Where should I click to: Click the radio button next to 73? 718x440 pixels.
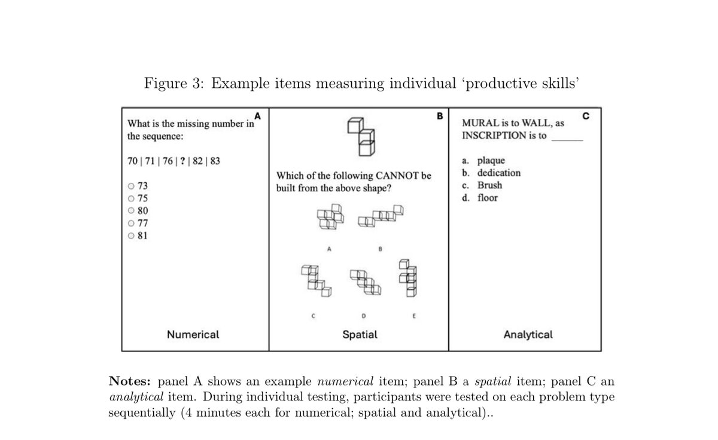point(131,186)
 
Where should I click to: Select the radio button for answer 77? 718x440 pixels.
point(131,223)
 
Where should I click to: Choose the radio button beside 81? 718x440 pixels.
point(131,236)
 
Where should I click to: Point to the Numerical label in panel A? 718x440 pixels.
point(193,334)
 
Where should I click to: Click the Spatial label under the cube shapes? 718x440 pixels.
point(360,334)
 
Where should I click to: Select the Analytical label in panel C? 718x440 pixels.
point(528,334)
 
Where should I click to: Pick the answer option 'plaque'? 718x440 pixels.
point(491,160)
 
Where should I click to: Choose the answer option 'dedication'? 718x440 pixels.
point(498,173)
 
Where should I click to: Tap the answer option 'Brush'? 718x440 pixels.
point(489,185)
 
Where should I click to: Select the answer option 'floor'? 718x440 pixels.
point(487,198)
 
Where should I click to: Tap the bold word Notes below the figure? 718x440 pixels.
point(131,381)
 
